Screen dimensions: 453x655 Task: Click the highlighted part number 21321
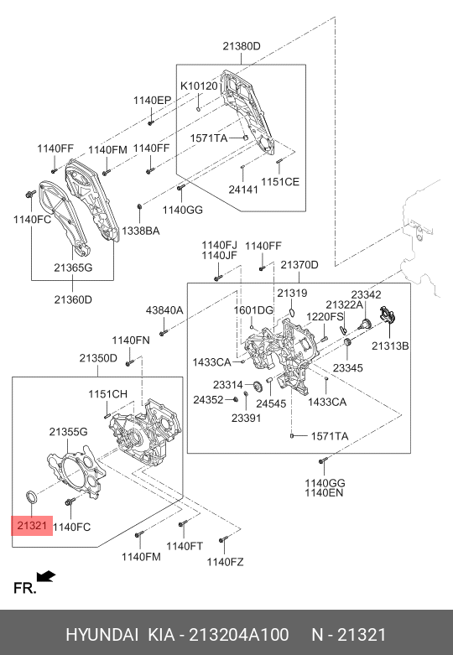(32, 525)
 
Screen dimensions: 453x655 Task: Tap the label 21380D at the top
(241, 46)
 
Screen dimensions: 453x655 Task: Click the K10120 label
(199, 86)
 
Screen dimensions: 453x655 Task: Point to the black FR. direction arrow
(46, 576)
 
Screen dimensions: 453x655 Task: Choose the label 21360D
(73, 299)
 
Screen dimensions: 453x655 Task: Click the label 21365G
(73, 268)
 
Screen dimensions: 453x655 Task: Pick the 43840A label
(164, 310)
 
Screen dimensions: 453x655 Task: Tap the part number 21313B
(390, 346)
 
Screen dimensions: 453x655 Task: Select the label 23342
(366, 295)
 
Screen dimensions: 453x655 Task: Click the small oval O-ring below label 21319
(292, 312)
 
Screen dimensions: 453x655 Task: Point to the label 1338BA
(140, 231)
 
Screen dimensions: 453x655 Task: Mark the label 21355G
(68, 432)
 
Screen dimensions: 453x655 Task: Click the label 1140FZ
(225, 562)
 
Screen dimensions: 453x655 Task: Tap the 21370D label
(299, 265)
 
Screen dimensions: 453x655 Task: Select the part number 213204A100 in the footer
(238, 635)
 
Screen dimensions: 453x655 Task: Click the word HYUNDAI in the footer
(102, 635)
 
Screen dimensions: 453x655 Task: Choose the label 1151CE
(280, 182)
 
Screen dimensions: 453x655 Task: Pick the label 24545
(271, 403)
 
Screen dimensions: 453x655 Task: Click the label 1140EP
(152, 101)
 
